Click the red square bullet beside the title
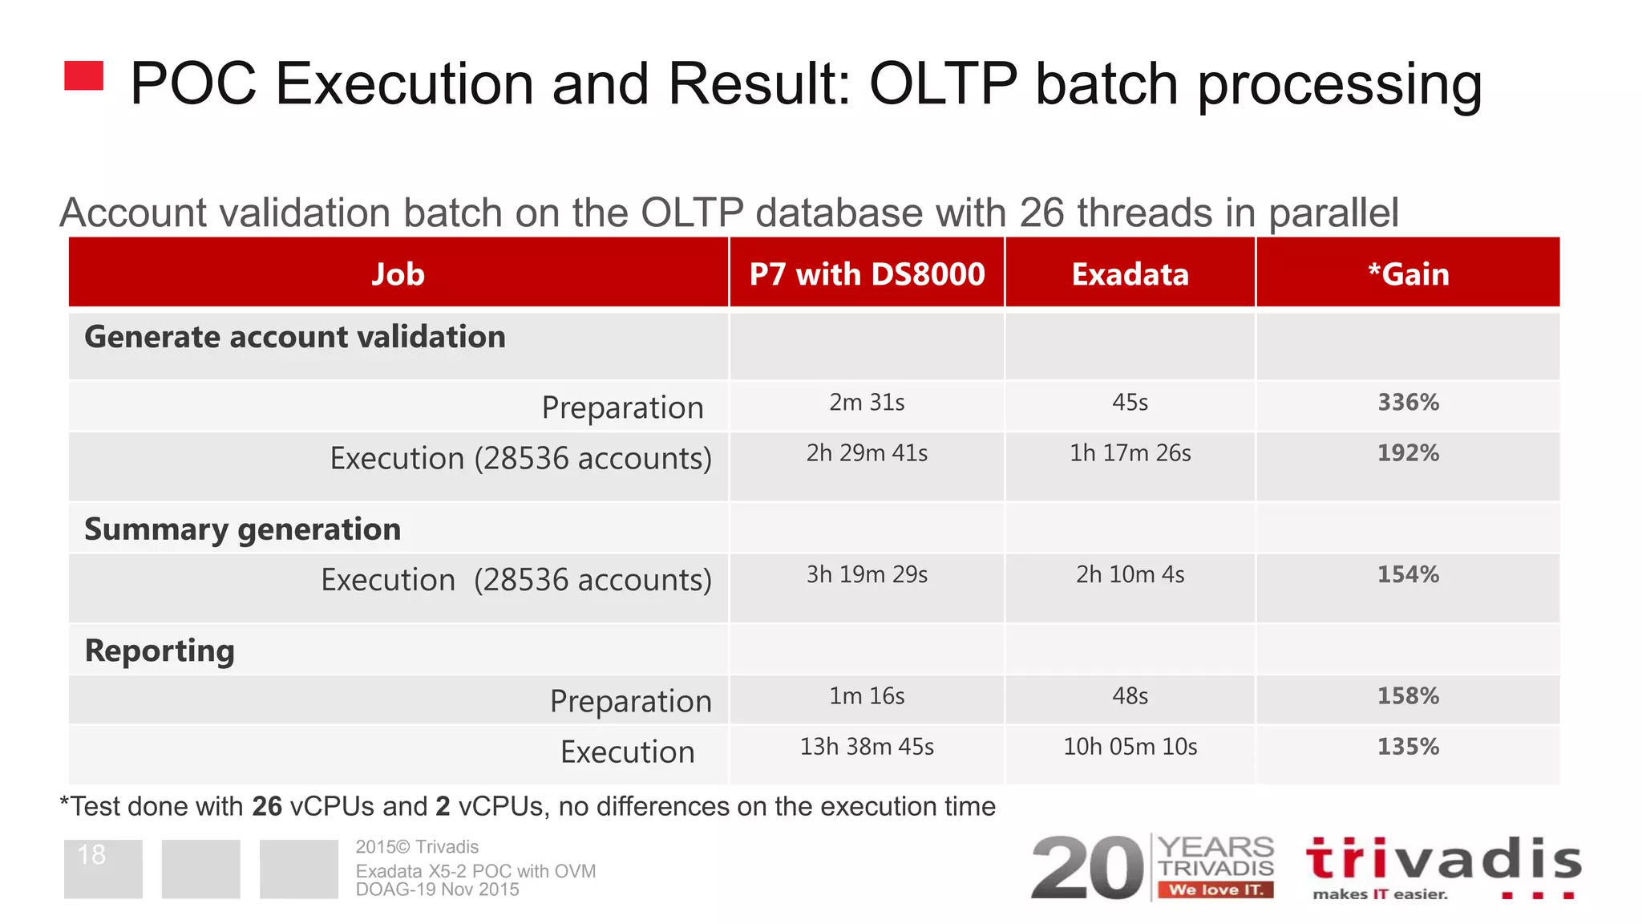[83, 75]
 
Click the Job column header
[398, 274]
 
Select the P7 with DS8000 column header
[867, 274]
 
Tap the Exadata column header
[1130, 274]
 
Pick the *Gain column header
[1408, 274]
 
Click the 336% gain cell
[1408, 403]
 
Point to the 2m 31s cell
[867, 403]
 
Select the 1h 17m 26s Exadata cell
[1130, 453]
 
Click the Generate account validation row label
[295, 337]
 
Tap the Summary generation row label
[242, 529]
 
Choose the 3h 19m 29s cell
[867, 574]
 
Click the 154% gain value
[1408, 574]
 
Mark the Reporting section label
[160, 650]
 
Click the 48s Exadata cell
[1130, 696]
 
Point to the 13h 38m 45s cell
[867, 747]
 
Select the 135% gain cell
[1408, 747]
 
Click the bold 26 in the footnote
[267, 806]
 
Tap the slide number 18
[91, 855]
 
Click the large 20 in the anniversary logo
[1086, 868]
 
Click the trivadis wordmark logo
[1443, 860]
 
